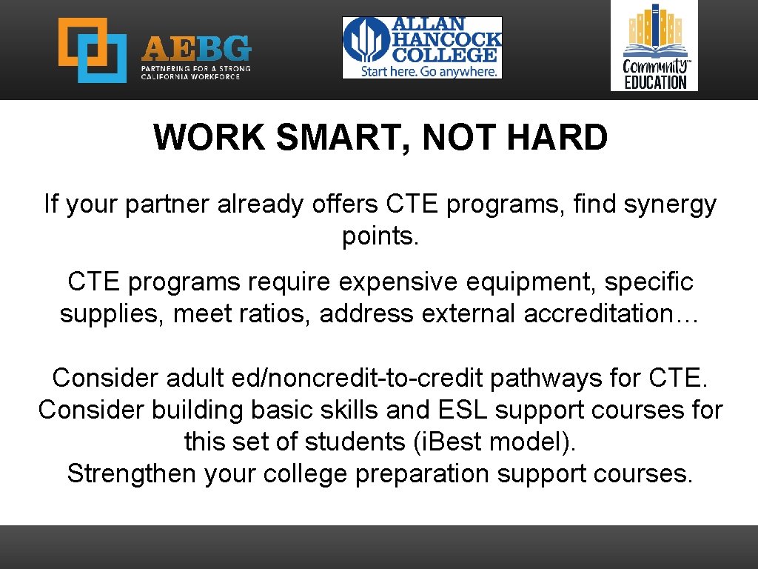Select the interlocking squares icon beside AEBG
(x=93, y=50)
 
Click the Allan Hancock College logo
(x=422, y=47)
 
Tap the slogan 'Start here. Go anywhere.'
(x=429, y=71)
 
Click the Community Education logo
(x=654, y=45)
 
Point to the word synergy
(x=670, y=204)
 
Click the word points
(x=380, y=236)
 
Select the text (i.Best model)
(x=494, y=442)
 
